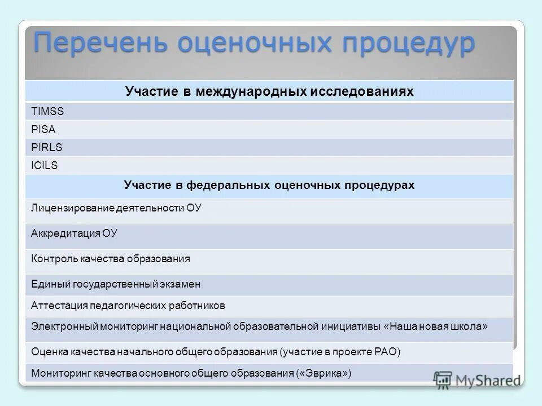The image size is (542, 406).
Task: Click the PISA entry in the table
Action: (x=43, y=129)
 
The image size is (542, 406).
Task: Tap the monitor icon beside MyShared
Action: (x=443, y=379)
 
